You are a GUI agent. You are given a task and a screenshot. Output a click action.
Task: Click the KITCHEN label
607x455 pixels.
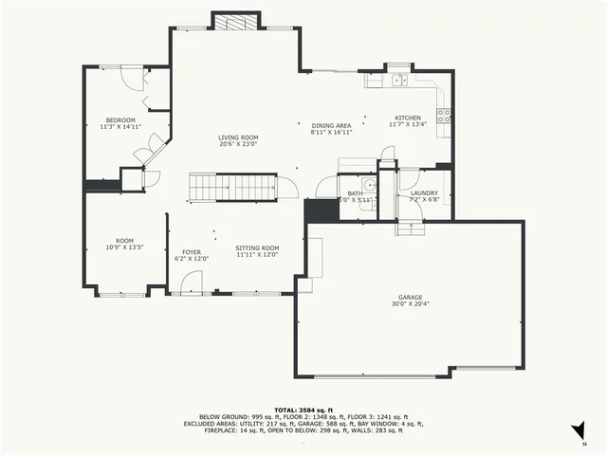click(x=408, y=120)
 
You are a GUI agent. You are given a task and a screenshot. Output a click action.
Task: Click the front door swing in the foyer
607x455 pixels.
click(x=191, y=282)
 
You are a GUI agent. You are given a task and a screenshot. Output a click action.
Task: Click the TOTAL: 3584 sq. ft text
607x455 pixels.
click(x=303, y=409)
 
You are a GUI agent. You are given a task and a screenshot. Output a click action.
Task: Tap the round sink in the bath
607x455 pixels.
click(x=369, y=185)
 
